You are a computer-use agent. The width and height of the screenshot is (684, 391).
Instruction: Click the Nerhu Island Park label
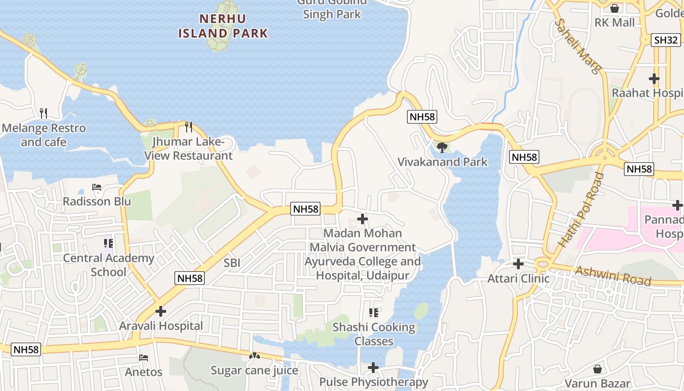223,26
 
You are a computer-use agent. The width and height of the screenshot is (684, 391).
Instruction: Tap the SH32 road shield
665,40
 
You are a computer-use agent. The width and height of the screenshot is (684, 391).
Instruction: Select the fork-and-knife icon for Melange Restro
43,113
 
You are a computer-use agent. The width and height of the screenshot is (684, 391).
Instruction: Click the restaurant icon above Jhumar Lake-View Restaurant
189,127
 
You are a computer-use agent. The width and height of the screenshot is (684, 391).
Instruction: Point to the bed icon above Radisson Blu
97,187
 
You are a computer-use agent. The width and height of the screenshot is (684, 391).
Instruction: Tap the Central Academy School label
108,264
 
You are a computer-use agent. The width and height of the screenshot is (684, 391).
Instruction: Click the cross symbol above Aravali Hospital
161,311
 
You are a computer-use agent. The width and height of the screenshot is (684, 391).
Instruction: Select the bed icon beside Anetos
144,358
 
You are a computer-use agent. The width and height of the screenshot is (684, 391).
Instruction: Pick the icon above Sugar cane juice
254,356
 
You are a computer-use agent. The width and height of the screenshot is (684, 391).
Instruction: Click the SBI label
232,263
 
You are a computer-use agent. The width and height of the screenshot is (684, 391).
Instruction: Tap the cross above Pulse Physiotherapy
373,368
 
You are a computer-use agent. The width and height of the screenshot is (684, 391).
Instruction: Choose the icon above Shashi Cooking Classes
374,312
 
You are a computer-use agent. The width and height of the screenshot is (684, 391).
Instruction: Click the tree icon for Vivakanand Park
442,147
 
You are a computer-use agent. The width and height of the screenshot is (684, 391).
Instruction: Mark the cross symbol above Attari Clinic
518,264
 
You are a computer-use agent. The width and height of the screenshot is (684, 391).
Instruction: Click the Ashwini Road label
613,276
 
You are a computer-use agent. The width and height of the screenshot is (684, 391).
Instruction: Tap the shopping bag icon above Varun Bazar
597,369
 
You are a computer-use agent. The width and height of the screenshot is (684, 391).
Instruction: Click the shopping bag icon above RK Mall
615,8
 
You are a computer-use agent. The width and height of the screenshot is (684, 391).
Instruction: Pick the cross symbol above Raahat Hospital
654,78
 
